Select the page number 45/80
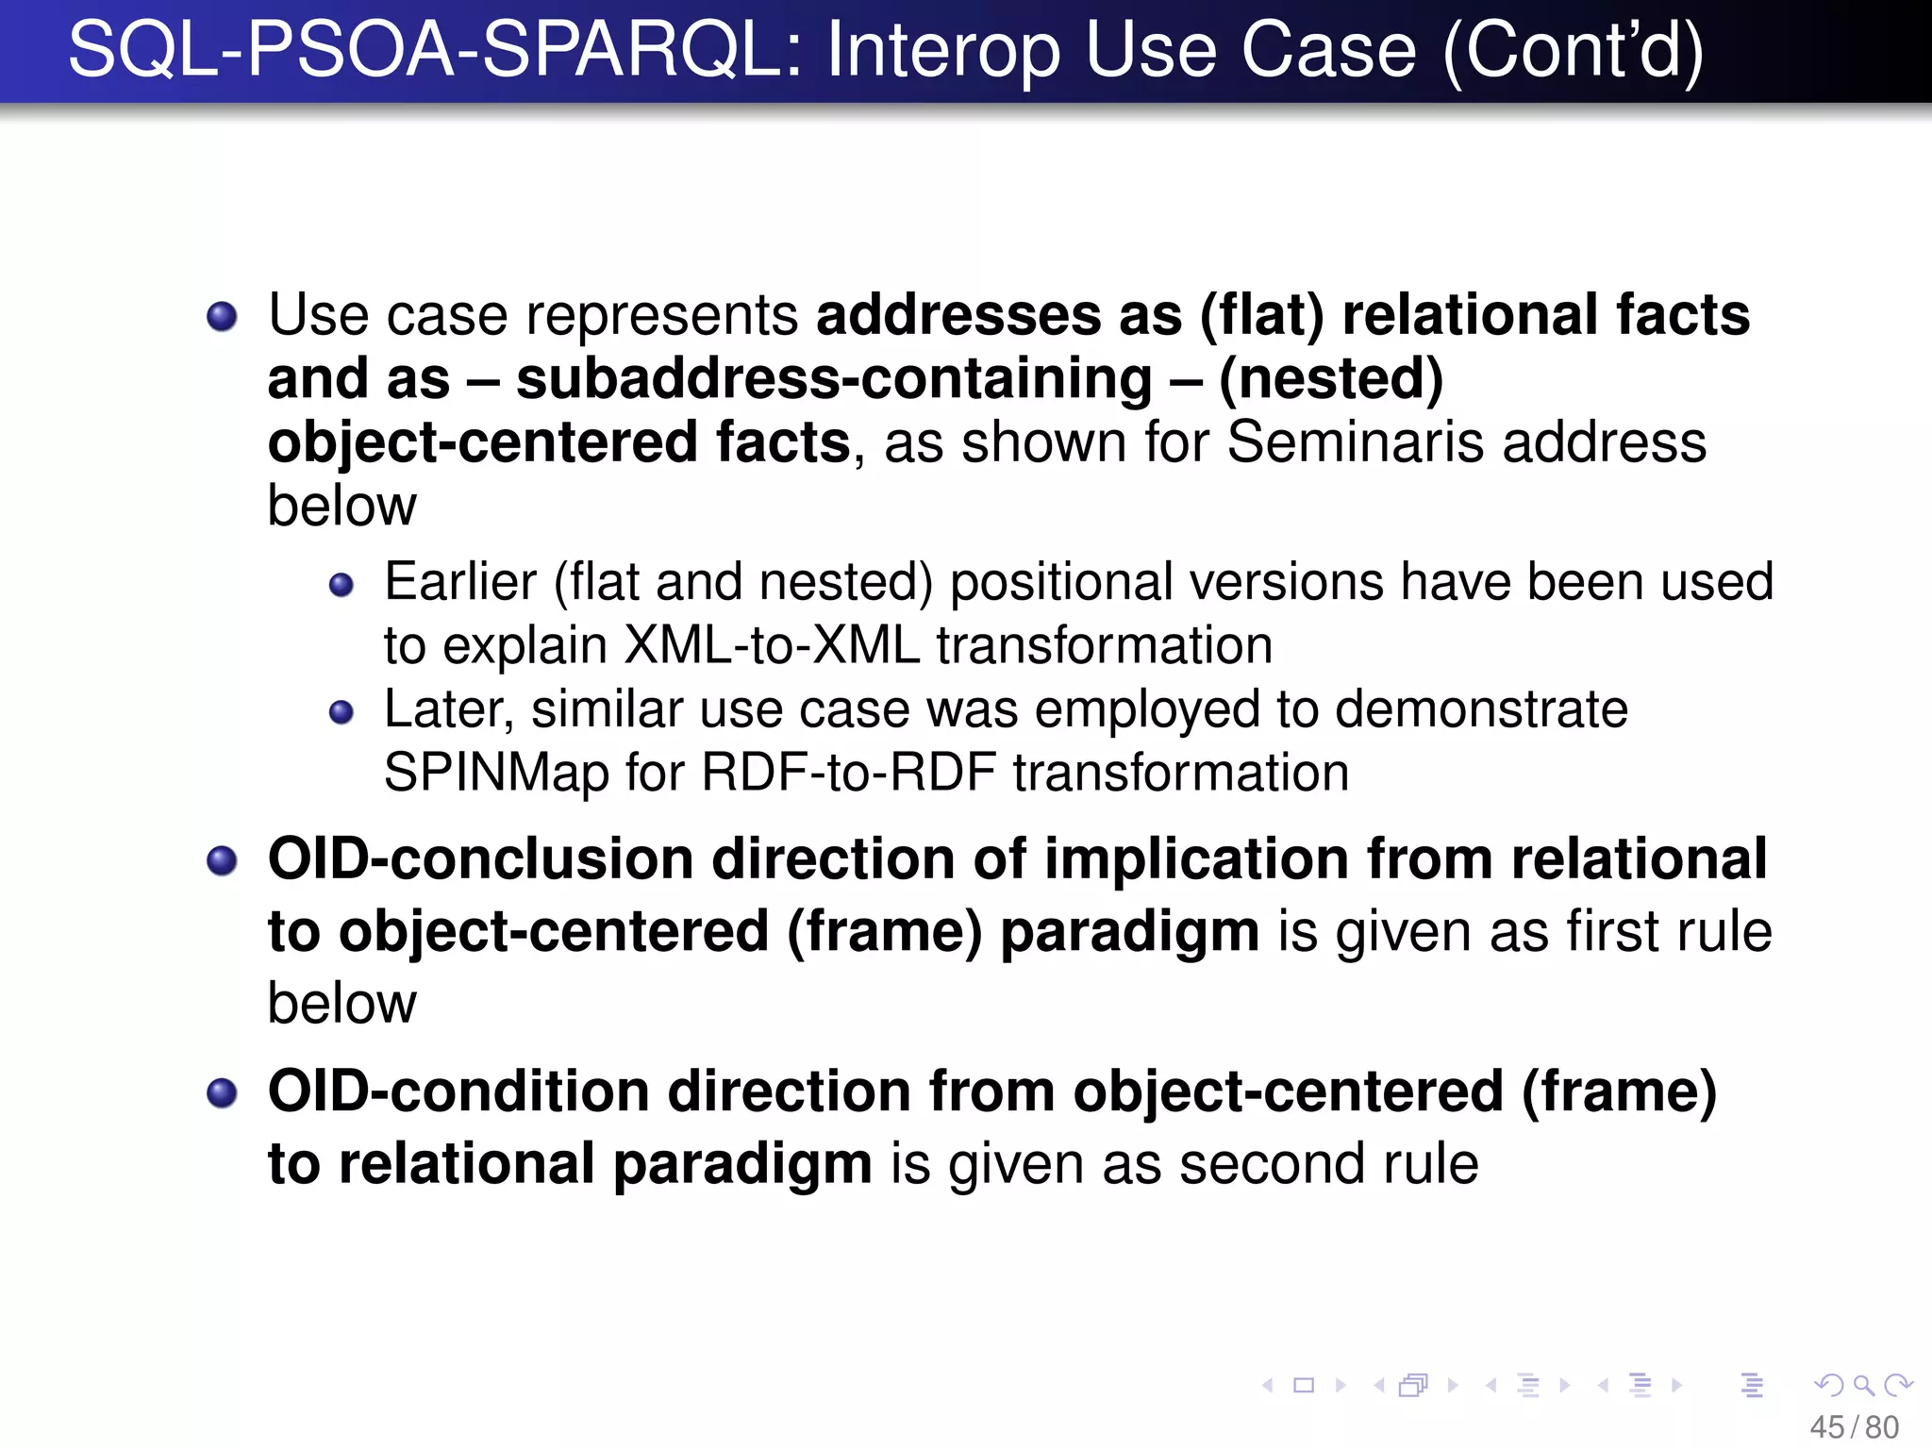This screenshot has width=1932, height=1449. pyautogui.click(x=1854, y=1427)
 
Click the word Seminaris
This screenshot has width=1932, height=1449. pyautogui.click(x=1356, y=441)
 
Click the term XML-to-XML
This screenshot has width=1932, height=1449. pyautogui.click(x=772, y=645)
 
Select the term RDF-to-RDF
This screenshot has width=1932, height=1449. pyautogui.click(x=848, y=773)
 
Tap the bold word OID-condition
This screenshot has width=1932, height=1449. pyautogui.click(x=458, y=1091)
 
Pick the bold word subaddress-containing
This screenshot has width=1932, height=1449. pyautogui.click(x=834, y=378)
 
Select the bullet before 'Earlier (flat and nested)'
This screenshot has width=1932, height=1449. pyautogui.click(x=341, y=585)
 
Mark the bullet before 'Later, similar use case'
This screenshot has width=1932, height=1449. pyautogui.click(x=341, y=712)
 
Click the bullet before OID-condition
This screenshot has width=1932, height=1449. pyautogui.click(x=222, y=1093)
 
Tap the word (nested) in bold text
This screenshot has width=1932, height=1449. pyautogui.click(x=1330, y=378)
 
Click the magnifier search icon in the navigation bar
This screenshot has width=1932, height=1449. pyautogui.click(x=1863, y=1385)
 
